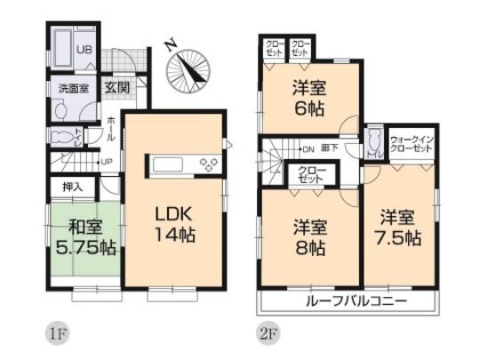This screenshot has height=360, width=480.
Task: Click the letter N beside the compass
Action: pyautogui.click(x=171, y=42)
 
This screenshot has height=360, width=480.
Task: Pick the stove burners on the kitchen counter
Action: pyautogui.click(x=211, y=164)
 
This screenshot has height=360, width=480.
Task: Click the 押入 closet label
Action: pyautogui.click(x=72, y=188)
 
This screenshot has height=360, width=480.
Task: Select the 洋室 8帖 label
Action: pyautogui.click(x=308, y=234)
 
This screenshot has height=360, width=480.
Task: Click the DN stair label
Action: pyautogui.click(x=308, y=148)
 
